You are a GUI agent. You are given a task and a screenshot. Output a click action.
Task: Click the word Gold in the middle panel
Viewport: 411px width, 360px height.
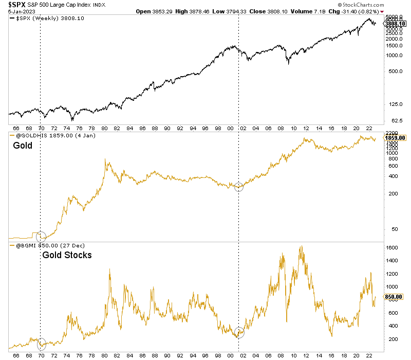23,146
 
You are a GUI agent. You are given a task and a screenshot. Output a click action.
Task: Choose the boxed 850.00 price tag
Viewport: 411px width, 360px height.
396,297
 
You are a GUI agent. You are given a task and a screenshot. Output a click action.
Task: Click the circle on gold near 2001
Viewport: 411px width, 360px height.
239,187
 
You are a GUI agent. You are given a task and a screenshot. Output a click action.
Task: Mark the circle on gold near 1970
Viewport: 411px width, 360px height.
41,237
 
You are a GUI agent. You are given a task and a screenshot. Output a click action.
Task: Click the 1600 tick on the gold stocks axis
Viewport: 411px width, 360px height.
393,247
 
